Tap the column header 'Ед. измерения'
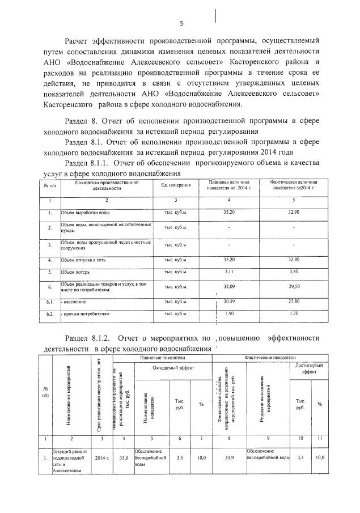click(x=176, y=186)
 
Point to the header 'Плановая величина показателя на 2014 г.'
click(x=228, y=186)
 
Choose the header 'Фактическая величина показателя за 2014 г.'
click(x=294, y=186)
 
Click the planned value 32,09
click(x=228, y=287)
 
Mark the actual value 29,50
click(x=294, y=287)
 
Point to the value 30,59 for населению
click(x=228, y=302)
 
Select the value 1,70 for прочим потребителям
click(x=294, y=313)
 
